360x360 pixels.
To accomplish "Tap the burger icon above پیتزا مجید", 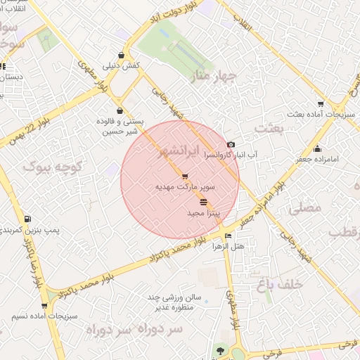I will [x=204, y=202].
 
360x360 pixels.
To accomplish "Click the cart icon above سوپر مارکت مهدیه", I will [x=185, y=176].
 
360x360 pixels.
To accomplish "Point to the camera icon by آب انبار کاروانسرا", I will [x=231, y=144].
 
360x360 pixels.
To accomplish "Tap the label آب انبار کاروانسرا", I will [x=231, y=154].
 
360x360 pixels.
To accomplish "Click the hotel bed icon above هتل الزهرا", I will [x=227, y=236].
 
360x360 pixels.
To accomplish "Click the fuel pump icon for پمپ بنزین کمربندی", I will [x=27, y=219].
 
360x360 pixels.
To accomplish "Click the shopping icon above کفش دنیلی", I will [x=122, y=55].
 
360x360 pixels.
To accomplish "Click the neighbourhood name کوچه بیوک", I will [x=53, y=167].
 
